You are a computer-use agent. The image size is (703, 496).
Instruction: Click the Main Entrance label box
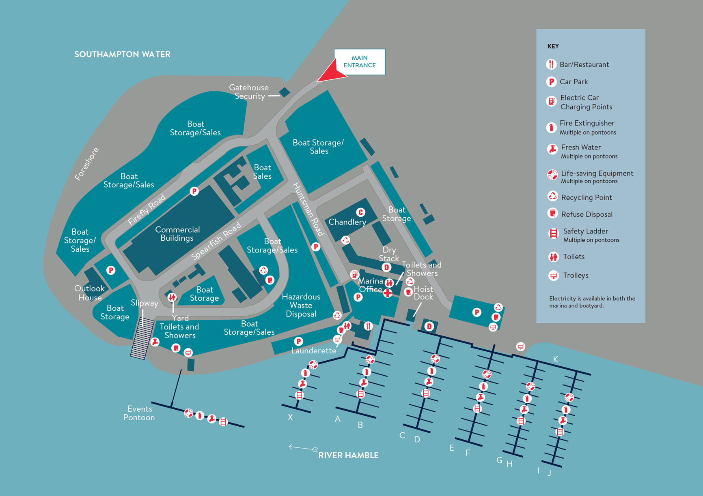coord(360,62)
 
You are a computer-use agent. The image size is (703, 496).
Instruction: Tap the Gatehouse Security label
coord(249,92)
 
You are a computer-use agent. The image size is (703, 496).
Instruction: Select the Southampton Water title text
coord(122,54)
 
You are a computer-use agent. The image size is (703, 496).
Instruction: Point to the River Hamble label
coord(348,455)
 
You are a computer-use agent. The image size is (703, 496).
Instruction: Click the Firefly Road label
coord(147,210)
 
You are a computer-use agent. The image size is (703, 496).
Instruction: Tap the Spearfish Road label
coord(216,241)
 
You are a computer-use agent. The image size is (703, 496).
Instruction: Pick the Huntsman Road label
coord(308,209)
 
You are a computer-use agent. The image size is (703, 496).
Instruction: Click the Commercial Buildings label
coord(177,234)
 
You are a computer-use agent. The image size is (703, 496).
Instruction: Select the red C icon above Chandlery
coord(360,212)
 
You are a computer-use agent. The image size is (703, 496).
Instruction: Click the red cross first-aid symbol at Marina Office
coord(388,293)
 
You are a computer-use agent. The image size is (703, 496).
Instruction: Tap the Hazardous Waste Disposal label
coord(301,306)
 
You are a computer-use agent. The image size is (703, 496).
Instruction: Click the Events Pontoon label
coord(139,413)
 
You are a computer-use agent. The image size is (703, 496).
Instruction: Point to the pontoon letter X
coord(290,417)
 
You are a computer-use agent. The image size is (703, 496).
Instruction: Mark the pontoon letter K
coord(555,359)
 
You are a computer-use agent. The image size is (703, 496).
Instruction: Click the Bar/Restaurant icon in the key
coord(551,64)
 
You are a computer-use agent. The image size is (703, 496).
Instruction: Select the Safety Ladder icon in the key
coord(553,233)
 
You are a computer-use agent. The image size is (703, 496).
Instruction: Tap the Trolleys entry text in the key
coord(576,276)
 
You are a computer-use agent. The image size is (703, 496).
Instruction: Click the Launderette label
coord(314,351)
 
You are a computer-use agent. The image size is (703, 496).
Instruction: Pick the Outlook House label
coord(90,293)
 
